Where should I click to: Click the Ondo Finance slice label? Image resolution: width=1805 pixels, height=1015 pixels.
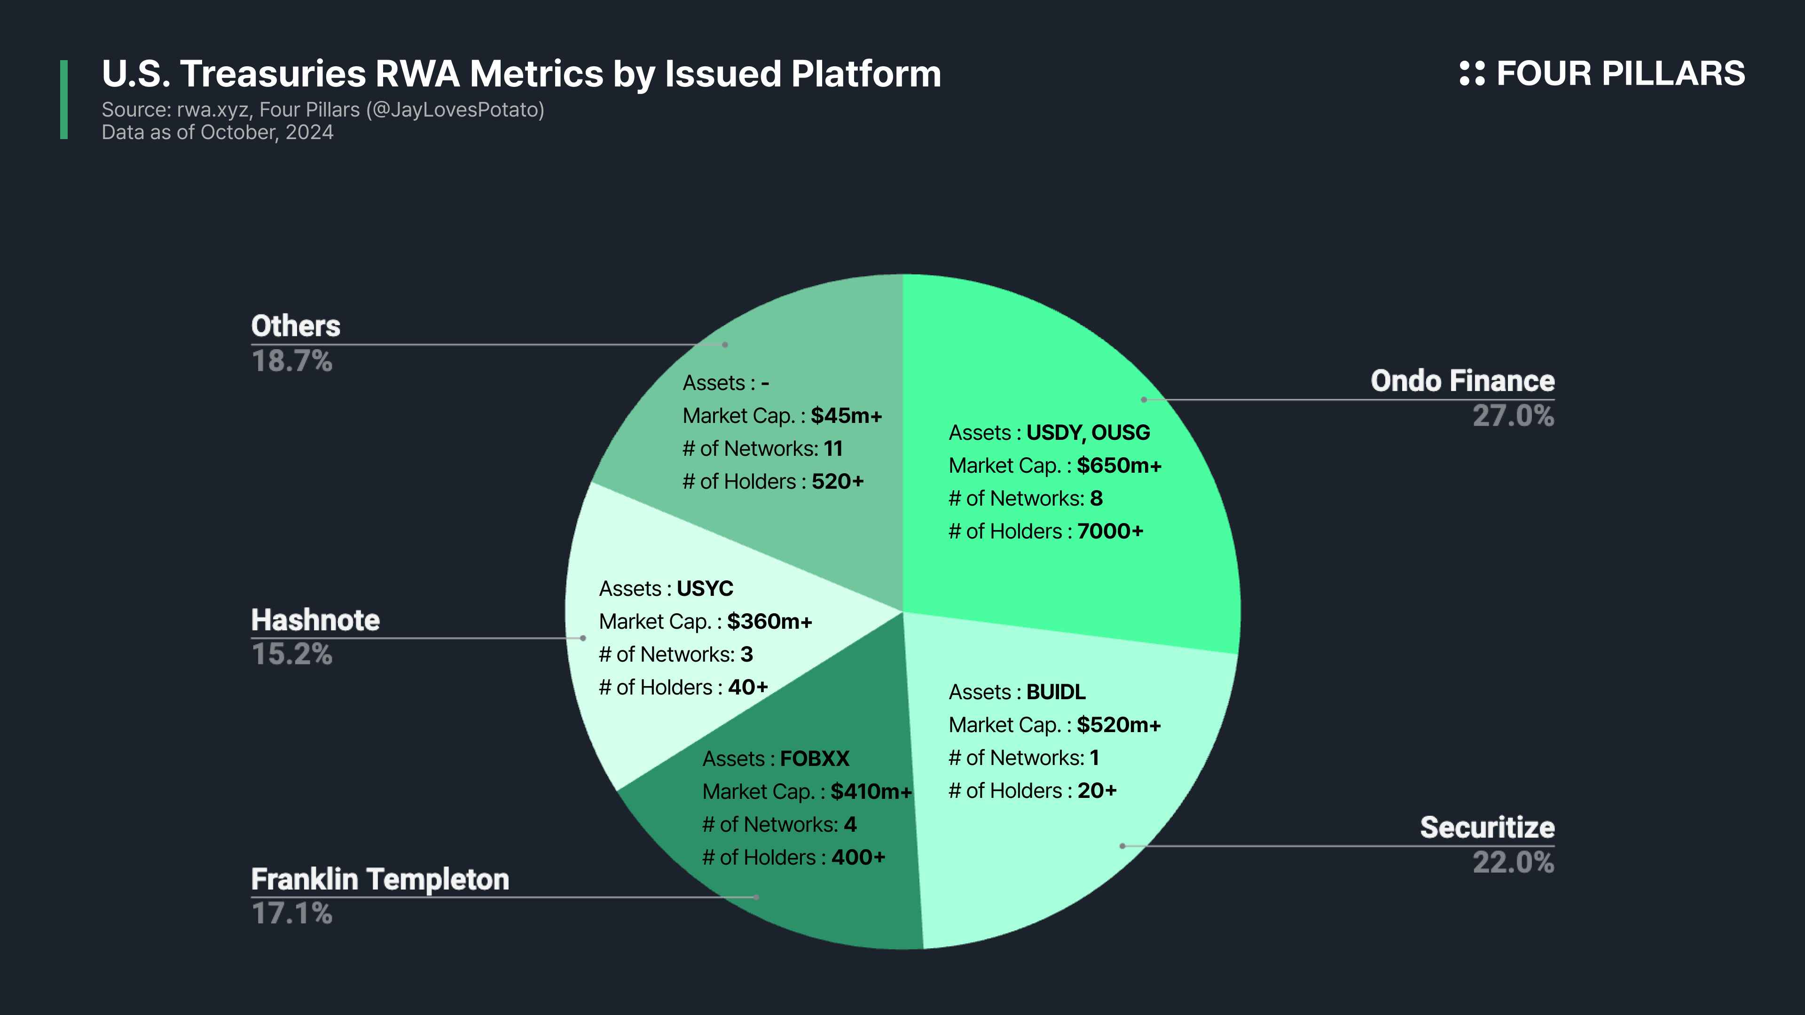(x=1462, y=381)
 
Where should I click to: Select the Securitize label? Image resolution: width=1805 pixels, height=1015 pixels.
(x=1487, y=827)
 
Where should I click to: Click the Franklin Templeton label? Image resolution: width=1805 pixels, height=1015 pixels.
(x=380, y=880)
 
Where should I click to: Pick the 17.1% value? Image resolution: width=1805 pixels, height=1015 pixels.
(x=291, y=913)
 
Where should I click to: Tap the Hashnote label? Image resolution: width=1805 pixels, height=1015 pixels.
(x=315, y=621)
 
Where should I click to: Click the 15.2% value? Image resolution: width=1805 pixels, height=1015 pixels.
(x=291, y=654)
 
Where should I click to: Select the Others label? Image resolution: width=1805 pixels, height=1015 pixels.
(x=296, y=327)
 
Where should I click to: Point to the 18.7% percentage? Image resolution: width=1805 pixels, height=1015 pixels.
(x=291, y=361)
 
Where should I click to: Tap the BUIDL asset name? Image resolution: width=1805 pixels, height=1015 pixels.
(x=1055, y=692)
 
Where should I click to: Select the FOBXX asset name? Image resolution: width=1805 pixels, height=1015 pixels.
(x=814, y=758)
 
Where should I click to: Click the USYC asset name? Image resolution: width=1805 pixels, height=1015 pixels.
(x=704, y=588)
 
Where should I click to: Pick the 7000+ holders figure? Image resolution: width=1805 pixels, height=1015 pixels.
(x=1110, y=531)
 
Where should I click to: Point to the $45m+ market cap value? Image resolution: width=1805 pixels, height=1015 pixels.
(x=846, y=416)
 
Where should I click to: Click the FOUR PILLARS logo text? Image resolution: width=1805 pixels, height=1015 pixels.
(x=1619, y=74)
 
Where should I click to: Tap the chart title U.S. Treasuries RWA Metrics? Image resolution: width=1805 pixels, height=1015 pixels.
(x=521, y=74)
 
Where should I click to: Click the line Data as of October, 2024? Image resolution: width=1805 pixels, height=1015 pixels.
(x=217, y=133)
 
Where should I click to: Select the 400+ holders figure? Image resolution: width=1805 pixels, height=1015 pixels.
(x=858, y=858)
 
